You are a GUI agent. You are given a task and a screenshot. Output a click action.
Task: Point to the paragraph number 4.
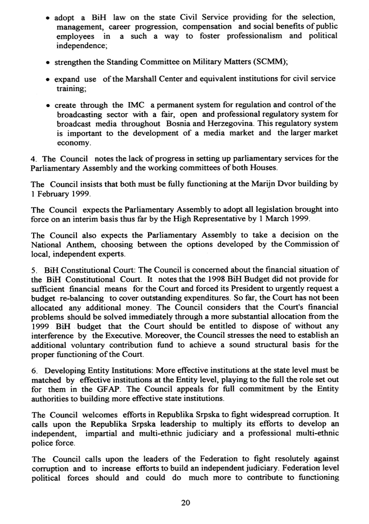tap(33, 158)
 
